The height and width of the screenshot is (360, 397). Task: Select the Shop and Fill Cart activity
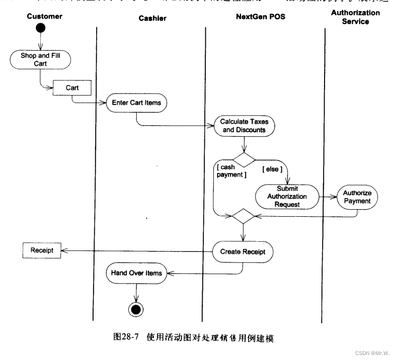pyautogui.click(x=40, y=60)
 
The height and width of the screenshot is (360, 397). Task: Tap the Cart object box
pyautogui.click(x=72, y=88)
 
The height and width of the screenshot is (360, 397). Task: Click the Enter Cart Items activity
pyautogui.click(x=136, y=103)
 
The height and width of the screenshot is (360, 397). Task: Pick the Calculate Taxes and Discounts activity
pyautogui.click(x=243, y=126)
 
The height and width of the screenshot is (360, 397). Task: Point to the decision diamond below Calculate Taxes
pyautogui.click(x=244, y=160)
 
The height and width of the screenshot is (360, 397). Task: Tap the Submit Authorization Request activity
pyautogui.click(x=287, y=197)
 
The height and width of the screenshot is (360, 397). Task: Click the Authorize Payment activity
pyautogui.click(x=357, y=197)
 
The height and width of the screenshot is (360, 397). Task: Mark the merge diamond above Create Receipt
pyautogui.click(x=244, y=216)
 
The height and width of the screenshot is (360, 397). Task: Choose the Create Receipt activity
pyautogui.click(x=243, y=251)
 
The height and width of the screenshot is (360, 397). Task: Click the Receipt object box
pyautogui.click(x=42, y=250)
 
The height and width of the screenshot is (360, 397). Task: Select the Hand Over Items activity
pyautogui.click(x=136, y=274)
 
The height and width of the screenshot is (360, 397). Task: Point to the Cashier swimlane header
pyautogui.click(x=152, y=19)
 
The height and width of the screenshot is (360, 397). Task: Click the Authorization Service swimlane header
pyautogui.click(x=355, y=17)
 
